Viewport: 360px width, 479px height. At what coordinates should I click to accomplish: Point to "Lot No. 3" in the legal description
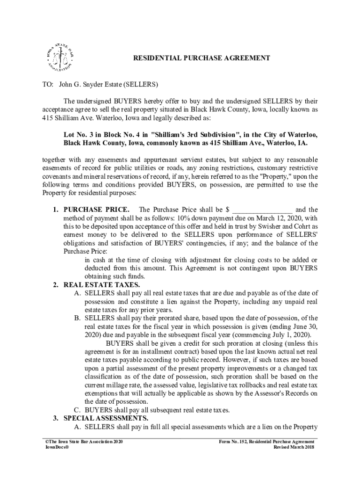click(79, 134)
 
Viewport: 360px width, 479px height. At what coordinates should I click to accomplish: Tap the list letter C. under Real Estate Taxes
click(77, 410)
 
